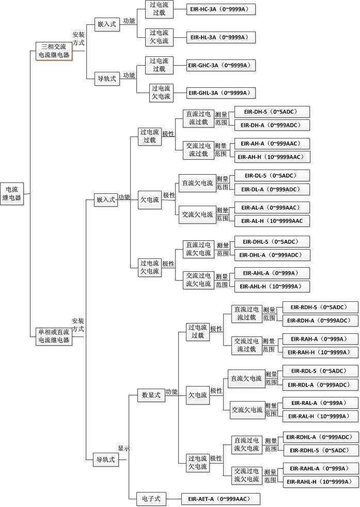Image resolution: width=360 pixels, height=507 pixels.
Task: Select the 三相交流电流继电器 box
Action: tap(54, 51)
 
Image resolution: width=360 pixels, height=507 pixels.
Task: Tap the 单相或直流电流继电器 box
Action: tap(54, 336)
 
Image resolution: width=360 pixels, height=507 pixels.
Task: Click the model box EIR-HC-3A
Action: tap(221, 9)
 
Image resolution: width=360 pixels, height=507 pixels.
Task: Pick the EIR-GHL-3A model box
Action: tap(221, 93)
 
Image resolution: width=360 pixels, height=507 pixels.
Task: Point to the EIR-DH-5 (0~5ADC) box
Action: tap(272, 112)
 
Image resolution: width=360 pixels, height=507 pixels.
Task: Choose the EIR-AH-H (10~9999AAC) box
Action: tap(272, 157)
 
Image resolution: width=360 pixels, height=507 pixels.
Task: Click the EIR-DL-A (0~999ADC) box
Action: tap(272, 189)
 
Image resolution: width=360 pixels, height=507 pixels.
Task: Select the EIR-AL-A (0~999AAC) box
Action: tap(272, 208)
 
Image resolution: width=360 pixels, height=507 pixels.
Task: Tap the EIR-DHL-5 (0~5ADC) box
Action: tap(272, 241)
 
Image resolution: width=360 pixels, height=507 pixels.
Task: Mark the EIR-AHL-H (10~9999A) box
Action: tap(272, 286)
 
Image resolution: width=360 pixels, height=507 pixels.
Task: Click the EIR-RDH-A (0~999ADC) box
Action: tap(320, 320)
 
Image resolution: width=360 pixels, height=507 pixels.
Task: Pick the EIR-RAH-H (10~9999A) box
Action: tap(320, 352)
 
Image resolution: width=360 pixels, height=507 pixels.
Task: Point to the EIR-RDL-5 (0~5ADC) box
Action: tap(320, 371)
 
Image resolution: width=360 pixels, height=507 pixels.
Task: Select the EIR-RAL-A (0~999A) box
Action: tap(320, 403)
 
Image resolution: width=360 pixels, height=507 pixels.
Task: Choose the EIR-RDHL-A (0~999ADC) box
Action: tap(321, 437)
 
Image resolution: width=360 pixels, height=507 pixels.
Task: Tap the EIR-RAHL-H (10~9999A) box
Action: tap(320, 482)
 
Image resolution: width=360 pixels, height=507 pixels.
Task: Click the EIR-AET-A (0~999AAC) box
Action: tap(221, 499)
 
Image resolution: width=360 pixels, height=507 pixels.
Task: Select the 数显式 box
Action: tap(151, 395)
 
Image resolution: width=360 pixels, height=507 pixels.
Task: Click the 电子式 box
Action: tap(151, 499)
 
